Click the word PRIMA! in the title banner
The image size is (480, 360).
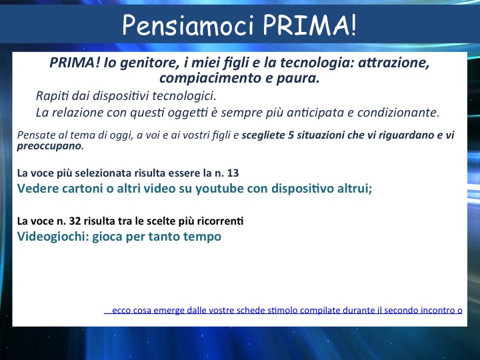[310, 25]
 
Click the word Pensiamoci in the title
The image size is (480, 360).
[188, 25]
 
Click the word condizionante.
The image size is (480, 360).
[398, 113]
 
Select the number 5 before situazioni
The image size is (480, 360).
[291, 135]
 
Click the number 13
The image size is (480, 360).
[233, 173]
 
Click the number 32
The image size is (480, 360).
[75, 221]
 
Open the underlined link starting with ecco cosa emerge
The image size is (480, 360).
[283, 311]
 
